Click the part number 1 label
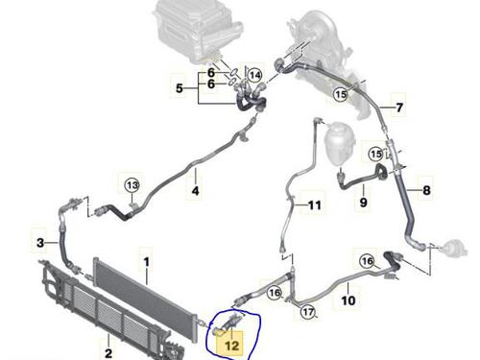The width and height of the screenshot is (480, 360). pos(146,262)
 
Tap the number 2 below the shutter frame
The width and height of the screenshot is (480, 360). pos(108,353)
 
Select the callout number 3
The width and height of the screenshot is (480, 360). pos(40,243)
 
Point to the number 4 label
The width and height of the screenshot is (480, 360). pos(195,191)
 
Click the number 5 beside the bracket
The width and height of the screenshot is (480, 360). pos(180,88)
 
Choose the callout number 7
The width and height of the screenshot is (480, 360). pos(399,108)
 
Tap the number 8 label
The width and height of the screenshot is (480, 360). pos(426,190)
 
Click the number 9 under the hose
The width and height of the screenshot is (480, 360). pos(364,203)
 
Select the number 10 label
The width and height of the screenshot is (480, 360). pos(348,300)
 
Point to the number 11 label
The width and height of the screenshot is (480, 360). pos(314,204)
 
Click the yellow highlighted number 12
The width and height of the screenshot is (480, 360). pos(232,346)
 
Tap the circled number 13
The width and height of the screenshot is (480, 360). pos(132,185)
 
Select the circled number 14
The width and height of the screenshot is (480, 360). pos(254,76)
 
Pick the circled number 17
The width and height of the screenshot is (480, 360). pos(308,311)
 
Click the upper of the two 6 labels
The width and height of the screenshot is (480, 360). pos(211,73)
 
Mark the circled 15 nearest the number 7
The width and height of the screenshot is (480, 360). pos(341,94)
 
